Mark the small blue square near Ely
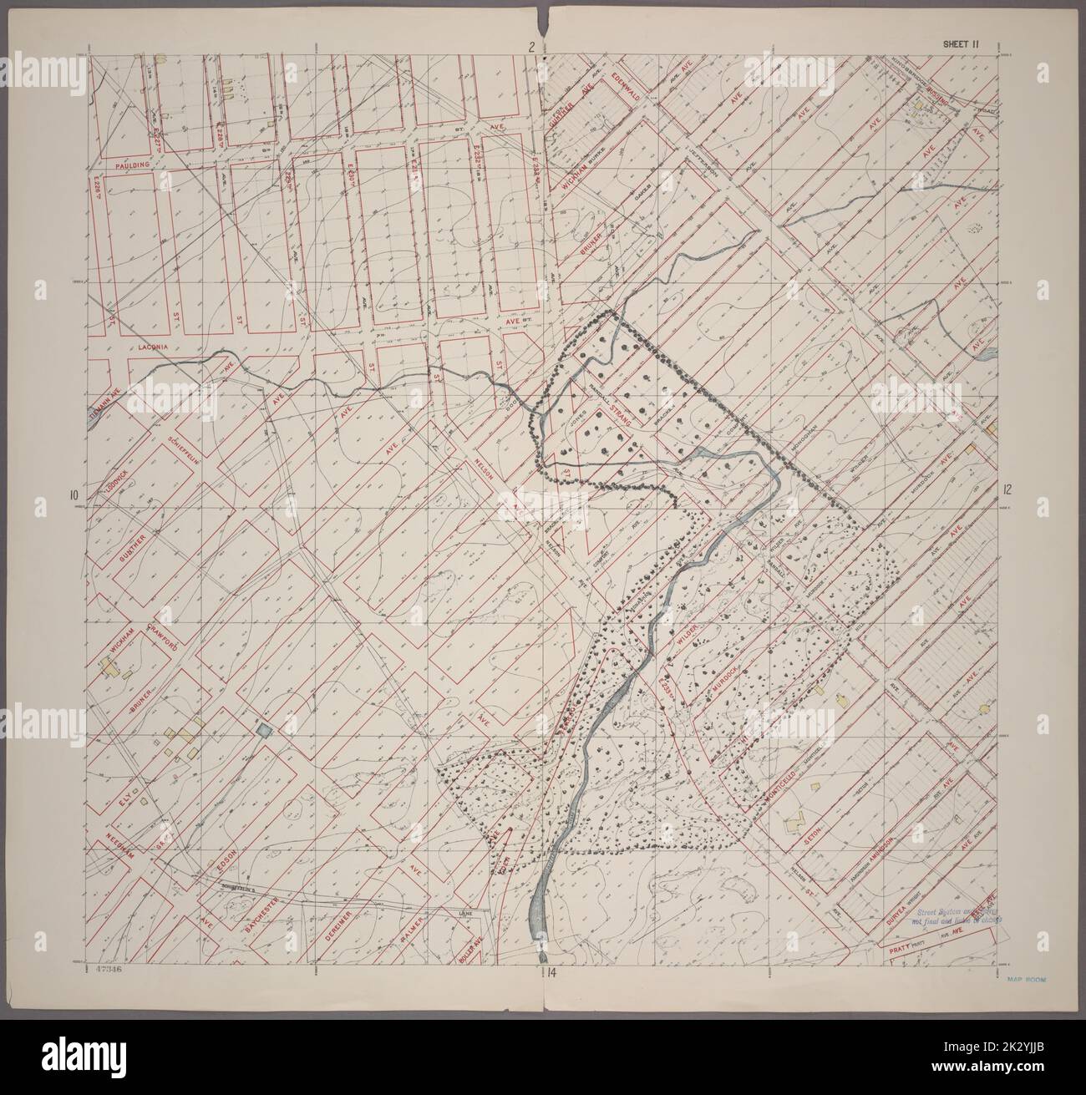(264, 731)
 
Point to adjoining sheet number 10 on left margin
(74, 493)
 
